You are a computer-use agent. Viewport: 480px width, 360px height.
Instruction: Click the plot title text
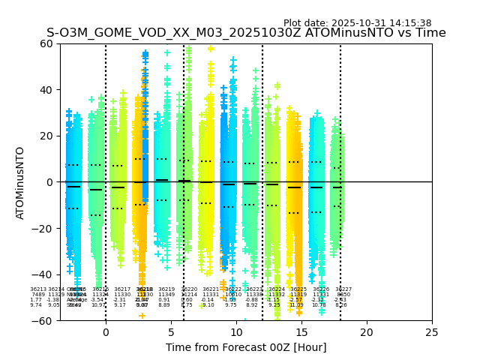click(x=246, y=33)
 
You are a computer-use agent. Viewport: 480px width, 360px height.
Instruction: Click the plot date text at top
click(x=357, y=23)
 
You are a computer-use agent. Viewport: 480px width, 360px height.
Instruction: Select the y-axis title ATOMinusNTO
click(x=20, y=182)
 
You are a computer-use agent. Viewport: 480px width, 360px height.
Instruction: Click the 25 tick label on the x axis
click(x=432, y=332)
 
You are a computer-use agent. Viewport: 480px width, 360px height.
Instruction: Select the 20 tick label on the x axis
click(x=367, y=332)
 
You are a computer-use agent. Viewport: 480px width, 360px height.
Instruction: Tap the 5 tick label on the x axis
click(x=171, y=332)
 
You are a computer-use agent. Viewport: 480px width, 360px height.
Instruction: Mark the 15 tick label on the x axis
click(x=301, y=332)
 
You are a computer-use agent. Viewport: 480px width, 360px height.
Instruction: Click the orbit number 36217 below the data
click(x=122, y=289)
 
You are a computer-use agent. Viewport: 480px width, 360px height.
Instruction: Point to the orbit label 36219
click(x=166, y=289)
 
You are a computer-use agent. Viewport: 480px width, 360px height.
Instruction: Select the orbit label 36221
click(x=211, y=289)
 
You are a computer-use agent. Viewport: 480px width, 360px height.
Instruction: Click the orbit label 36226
click(x=321, y=289)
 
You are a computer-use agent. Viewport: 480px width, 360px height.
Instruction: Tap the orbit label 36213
click(x=38, y=289)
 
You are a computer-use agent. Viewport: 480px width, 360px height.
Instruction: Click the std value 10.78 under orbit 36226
click(x=319, y=305)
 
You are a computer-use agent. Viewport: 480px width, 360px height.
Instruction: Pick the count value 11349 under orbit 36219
click(x=166, y=295)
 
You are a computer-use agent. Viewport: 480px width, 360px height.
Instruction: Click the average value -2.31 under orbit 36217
click(x=120, y=300)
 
